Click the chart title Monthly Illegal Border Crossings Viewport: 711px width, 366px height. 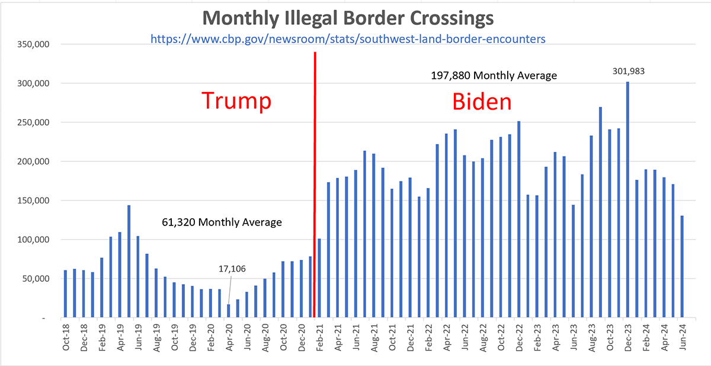coord(348,18)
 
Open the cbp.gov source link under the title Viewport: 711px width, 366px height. coord(348,39)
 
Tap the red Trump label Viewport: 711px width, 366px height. coord(236,101)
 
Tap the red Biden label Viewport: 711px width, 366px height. coord(482,102)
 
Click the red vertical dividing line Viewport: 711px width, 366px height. coord(314,178)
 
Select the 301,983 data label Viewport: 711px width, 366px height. coord(627,71)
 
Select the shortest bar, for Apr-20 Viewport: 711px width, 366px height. coord(229,311)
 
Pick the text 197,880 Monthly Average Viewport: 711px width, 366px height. coord(494,76)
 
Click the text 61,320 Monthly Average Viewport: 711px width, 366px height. coord(222,222)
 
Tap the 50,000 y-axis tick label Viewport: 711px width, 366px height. coord(36,279)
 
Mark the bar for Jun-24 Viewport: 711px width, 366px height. coord(683,266)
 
